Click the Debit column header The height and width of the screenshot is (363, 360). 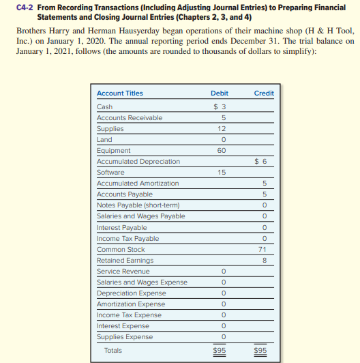220,93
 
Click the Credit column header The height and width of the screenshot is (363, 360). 263,93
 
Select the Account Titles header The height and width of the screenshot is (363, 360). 120,93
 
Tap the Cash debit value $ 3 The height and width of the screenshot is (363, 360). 220,106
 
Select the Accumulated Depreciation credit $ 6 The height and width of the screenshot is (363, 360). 261,162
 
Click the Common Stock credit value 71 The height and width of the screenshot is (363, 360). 263,250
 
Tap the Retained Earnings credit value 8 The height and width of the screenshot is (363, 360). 263,261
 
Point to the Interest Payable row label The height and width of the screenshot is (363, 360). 121,228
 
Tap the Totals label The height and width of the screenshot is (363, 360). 113,351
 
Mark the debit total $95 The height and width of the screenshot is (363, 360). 220,351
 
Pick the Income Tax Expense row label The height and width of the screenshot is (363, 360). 129,315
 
